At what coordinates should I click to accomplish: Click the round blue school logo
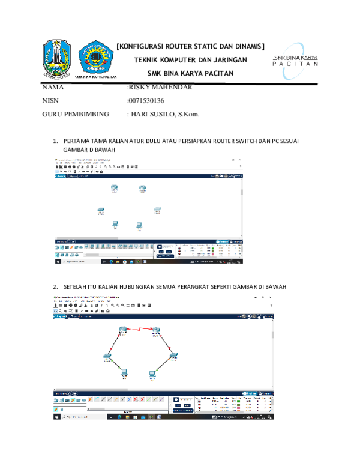click(x=96, y=58)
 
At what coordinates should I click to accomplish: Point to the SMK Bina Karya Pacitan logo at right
click(x=295, y=60)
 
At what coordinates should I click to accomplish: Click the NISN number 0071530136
click(x=147, y=101)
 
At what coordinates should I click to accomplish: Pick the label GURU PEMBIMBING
click(x=76, y=113)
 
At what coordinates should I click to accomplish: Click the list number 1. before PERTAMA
click(x=56, y=141)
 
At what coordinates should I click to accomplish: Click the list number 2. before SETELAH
click(x=56, y=286)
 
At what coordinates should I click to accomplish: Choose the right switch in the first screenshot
click(x=157, y=210)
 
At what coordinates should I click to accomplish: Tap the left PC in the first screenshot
click(x=115, y=224)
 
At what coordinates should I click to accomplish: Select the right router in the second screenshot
click(x=156, y=331)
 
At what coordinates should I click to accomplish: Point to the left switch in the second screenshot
click(x=107, y=356)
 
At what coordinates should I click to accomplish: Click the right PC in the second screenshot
click(x=152, y=374)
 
